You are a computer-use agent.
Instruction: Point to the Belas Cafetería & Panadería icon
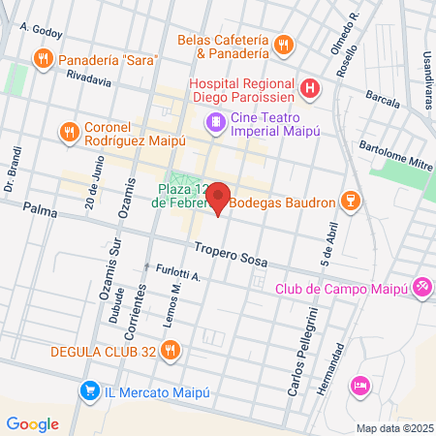coord(283,44)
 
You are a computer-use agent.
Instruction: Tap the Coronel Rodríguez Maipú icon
coord(68,131)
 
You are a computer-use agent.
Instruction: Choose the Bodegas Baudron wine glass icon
coord(354,201)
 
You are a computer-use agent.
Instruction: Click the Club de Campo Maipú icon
coord(421,287)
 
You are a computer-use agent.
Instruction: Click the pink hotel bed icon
coord(360,385)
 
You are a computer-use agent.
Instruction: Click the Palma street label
coord(41,208)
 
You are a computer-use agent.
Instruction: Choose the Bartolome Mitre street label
coord(395,154)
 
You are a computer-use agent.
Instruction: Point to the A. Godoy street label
coord(42,32)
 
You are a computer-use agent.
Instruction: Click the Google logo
coord(32,423)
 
